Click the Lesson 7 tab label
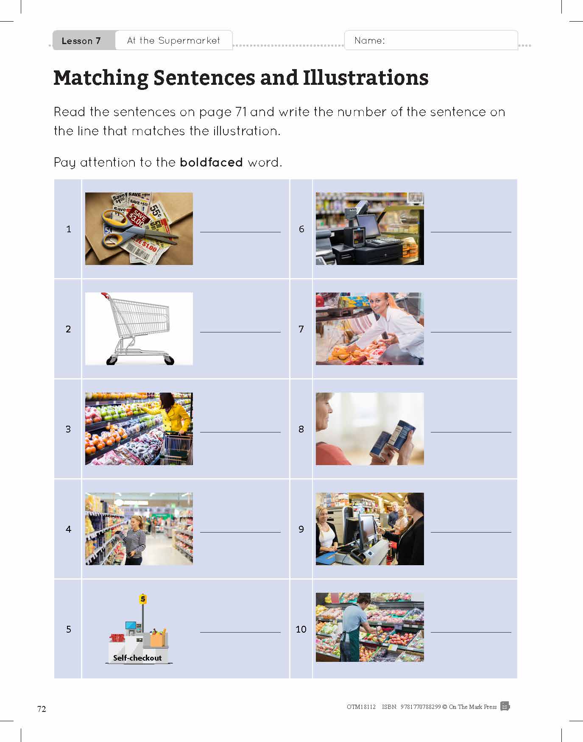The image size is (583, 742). pyautogui.click(x=81, y=41)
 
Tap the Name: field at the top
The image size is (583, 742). pyautogui.click(x=431, y=40)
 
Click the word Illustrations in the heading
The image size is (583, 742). pyautogui.click(x=365, y=78)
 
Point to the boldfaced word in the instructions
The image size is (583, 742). pyautogui.click(x=211, y=162)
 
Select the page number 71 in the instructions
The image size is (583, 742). pyautogui.click(x=241, y=112)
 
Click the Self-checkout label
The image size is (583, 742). pyautogui.click(x=137, y=658)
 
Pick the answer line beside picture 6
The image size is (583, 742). pyautogui.click(x=471, y=232)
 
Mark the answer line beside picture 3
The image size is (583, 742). pyautogui.click(x=240, y=432)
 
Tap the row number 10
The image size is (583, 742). pyautogui.click(x=301, y=629)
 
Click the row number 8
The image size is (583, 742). pyautogui.click(x=301, y=429)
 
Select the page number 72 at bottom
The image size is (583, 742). pyautogui.click(x=42, y=709)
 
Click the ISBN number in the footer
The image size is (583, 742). pyautogui.click(x=421, y=707)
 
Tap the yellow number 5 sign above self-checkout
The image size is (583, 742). pyautogui.click(x=143, y=599)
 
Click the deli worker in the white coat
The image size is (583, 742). pyautogui.click(x=390, y=326)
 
